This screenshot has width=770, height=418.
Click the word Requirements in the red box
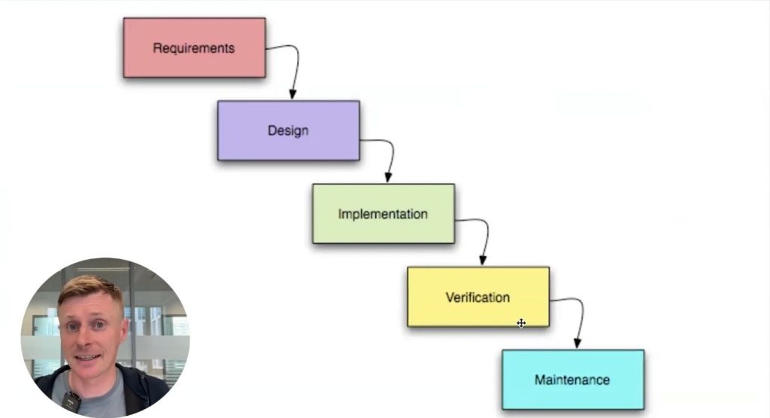tap(194, 48)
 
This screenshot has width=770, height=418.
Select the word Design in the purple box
tap(288, 130)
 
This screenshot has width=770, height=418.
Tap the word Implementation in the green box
tap(383, 214)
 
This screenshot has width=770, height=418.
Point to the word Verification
tap(477, 297)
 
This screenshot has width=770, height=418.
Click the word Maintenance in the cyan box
tap(572, 380)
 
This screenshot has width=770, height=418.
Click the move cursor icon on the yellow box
tap(521, 323)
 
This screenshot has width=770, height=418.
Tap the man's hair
tap(89, 289)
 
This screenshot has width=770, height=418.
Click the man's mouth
tap(87, 355)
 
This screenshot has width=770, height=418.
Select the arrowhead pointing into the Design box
tap(293, 94)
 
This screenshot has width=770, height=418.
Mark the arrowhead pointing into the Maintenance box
tap(577, 343)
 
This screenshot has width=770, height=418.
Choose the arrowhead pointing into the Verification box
tap(482, 260)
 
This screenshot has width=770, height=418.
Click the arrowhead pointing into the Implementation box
tap(387, 177)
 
